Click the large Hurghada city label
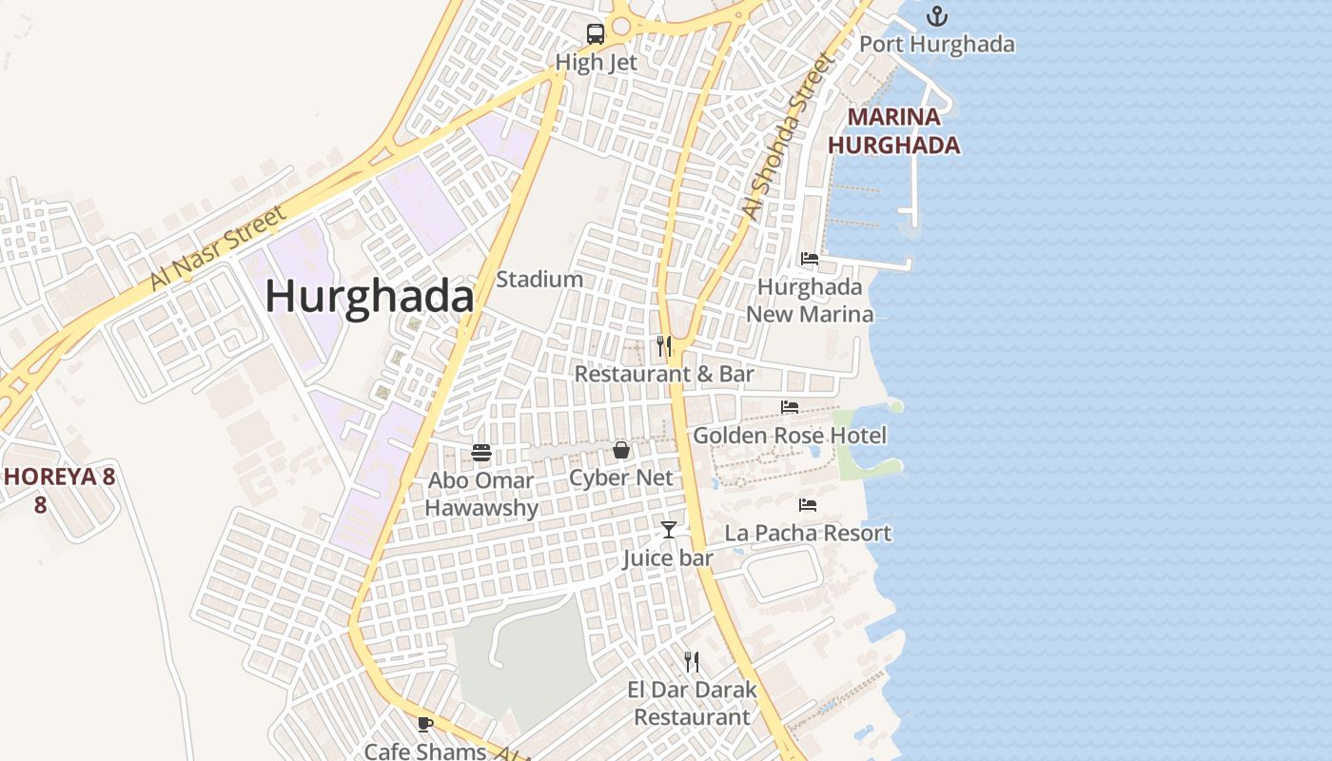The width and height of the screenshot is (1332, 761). pyautogui.click(x=369, y=297)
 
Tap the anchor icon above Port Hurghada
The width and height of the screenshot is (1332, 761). pyautogui.click(x=937, y=16)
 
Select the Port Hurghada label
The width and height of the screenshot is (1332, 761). pyautogui.click(x=937, y=44)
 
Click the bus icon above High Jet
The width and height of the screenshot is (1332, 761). pyautogui.click(x=596, y=34)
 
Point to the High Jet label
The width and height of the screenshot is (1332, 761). pyautogui.click(x=597, y=63)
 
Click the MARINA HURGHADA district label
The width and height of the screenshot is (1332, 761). pyautogui.click(x=893, y=131)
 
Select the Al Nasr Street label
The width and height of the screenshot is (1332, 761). pyautogui.click(x=217, y=249)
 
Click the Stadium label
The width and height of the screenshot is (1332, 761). pyautogui.click(x=539, y=280)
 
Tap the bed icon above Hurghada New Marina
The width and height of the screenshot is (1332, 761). pyautogui.click(x=810, y=259)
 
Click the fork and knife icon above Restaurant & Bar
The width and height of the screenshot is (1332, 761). pyautogui.click(x=664, y=346)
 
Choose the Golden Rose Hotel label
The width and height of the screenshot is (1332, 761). pyautogui.click(x=790, y=436)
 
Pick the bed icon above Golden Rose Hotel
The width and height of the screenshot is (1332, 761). pyautogui.click(x=790, y=407)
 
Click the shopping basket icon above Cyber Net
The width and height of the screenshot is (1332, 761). pyautogui.click(x=621, y=450)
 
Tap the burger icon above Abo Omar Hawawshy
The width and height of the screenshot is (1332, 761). pyautogui.click(x=481, y=453)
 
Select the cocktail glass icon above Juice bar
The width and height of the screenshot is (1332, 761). pyautogui.click(x=669, y=530)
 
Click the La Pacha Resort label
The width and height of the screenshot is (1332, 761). pyautogui.click(x=808, y=533)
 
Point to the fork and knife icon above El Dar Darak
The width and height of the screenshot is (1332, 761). pyautogui.click(x=692, y=662)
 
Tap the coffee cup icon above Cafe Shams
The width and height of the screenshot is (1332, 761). pyautogui.click(x=425, y=724)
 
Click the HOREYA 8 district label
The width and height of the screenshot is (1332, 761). pyautogui.click(x=59, y=477)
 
